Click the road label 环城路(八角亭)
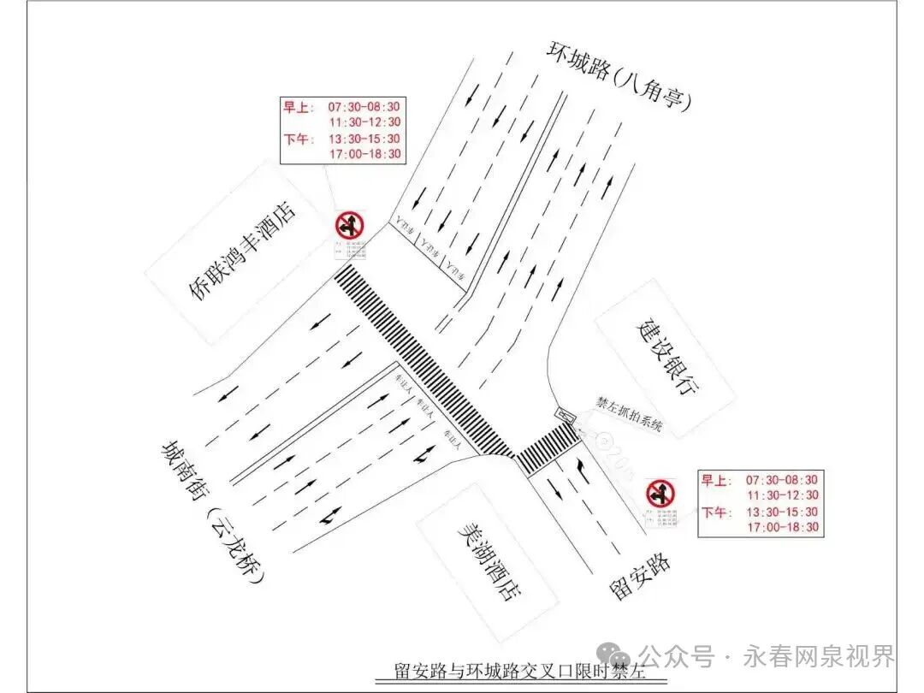[x=619, y=75]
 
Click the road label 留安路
[x=639, y=576]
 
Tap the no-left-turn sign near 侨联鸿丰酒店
[x=349, y=226]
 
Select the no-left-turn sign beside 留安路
[x=660, y=493]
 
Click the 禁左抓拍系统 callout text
[x=629, y=413]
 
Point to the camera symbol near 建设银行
[x=566, y=415]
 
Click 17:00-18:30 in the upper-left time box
[x=365, y=154]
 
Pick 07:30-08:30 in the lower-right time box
[x=782, y=480]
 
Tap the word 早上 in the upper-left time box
[x=298, y=107]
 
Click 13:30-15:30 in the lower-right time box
[x=782, y=512]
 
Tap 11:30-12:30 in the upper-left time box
[x=365, y=122]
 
